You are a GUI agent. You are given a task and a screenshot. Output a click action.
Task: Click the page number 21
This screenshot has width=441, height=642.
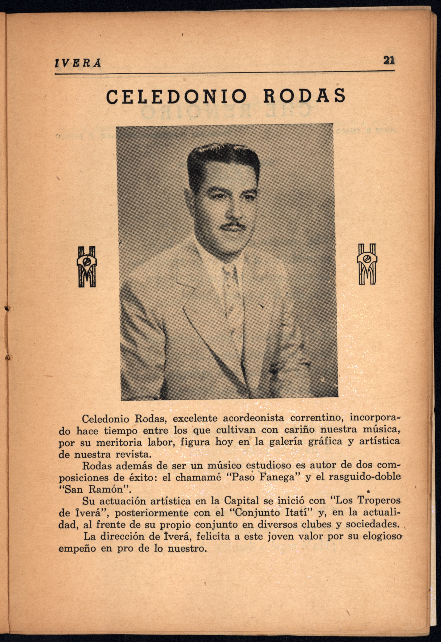388,60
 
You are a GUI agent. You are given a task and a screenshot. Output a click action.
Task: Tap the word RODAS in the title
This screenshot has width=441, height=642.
304,96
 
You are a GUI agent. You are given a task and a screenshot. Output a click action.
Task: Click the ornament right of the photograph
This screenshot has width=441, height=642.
367,264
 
